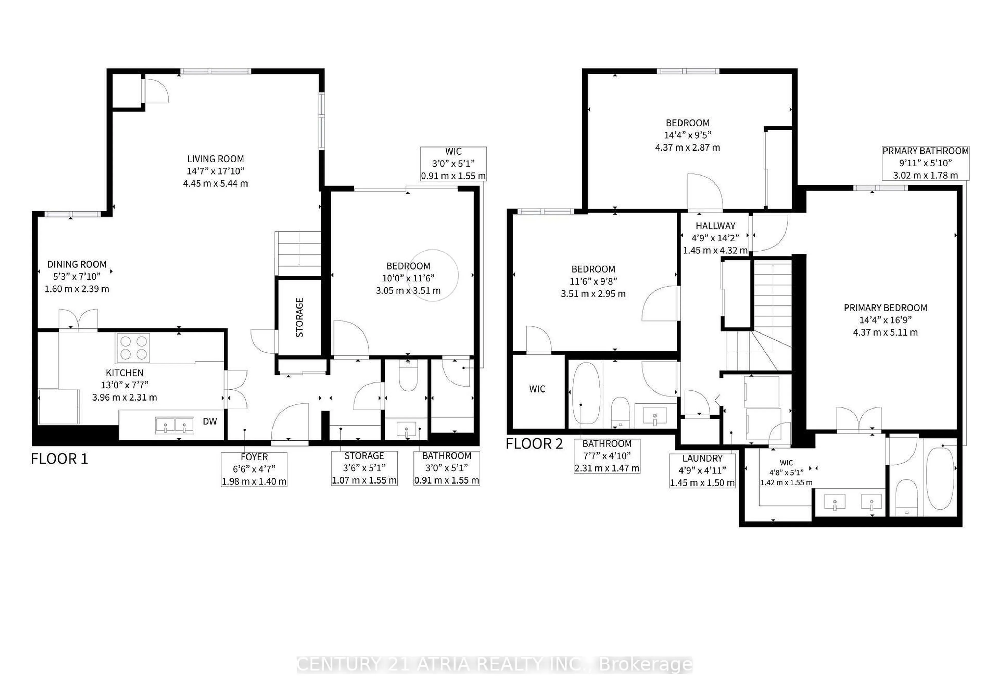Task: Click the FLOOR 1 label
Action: point(59,459)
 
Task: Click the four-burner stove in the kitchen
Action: point(133,348)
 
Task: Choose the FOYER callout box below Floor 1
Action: point(254,469)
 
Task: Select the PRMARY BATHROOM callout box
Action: point(925,163)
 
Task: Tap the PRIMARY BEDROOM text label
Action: point(885,308)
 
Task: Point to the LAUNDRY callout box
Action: point(702,470)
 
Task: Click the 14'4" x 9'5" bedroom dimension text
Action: point(687,135)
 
